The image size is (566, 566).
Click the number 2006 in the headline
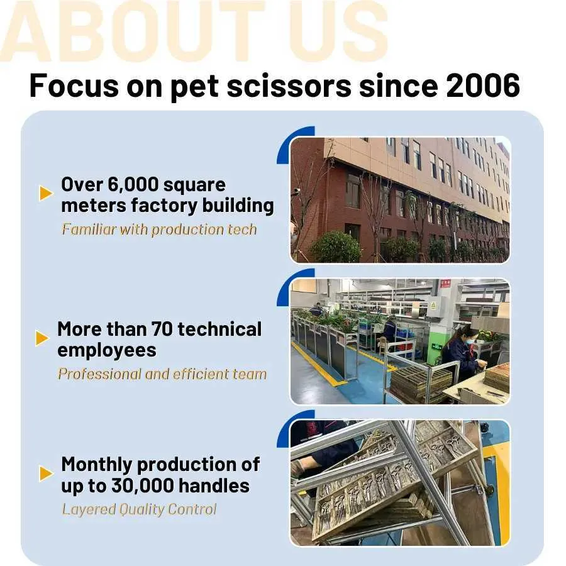(483, 86)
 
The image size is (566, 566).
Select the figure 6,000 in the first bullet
(133, 185)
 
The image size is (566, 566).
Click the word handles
(214, 485)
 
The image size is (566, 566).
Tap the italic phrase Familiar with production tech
(159, 230)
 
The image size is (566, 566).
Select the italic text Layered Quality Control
(140, 509)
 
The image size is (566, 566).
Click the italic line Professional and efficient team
(162, 374)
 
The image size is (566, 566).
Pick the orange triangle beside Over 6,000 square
(45, 193)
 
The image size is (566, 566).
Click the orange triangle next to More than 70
(42, 338)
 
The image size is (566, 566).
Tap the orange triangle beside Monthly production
(46, 474)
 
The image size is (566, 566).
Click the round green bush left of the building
(335, 247)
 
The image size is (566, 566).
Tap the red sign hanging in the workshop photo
(445, 284)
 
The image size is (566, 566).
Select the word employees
(107, 350)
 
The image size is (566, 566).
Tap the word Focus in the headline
(74, 86)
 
